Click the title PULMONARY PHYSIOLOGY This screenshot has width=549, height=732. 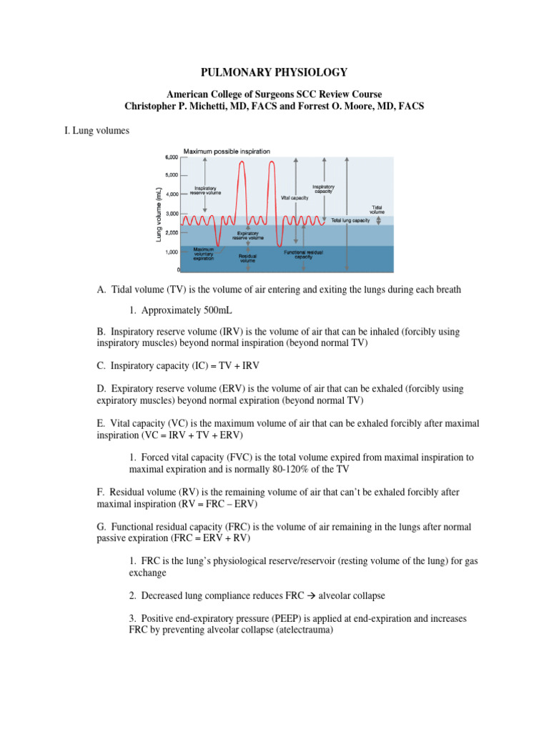(274, 72)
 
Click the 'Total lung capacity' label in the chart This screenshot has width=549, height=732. (350, 221)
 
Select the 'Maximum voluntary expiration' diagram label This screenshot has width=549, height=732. (203, 254)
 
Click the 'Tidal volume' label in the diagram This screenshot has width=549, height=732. (377, 209)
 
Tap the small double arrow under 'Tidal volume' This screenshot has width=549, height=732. (379, 220)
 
